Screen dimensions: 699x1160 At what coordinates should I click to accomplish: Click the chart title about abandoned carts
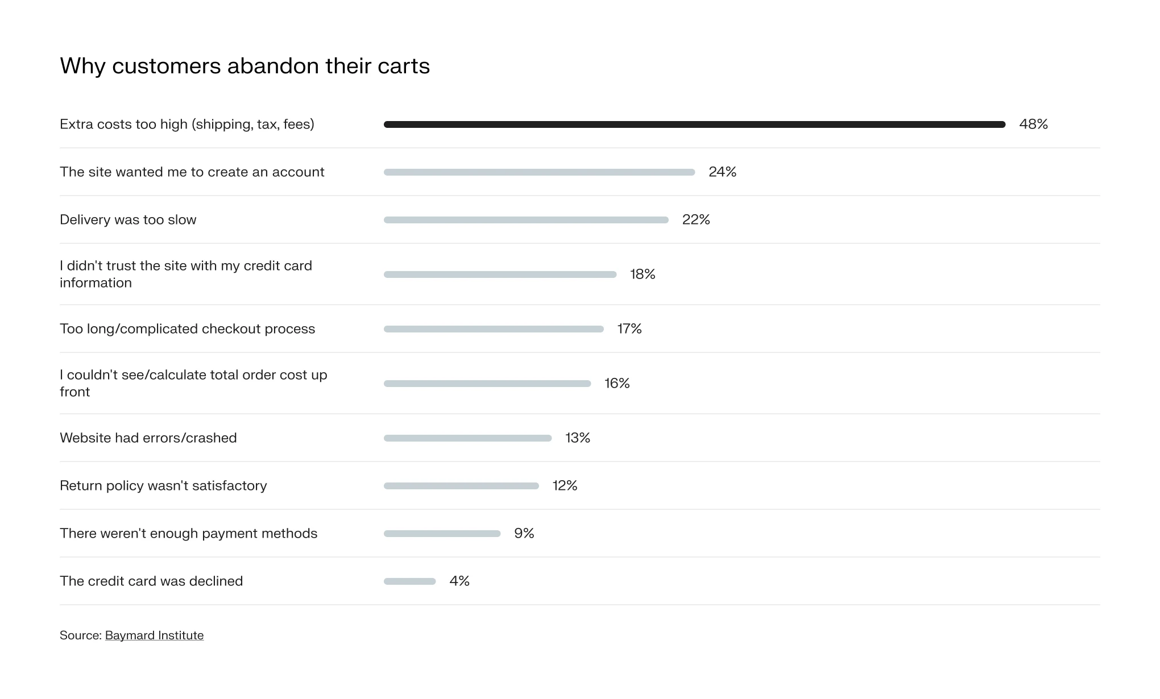pyautogui.click(x=245, y=66)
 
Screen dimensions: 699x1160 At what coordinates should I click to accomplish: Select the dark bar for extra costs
pyautogui.click(x=694, y=124)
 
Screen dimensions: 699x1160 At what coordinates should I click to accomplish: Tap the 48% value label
pyautogui.click(x=1033, y=124)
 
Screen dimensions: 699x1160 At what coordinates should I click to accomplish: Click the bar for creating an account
pyautogui.click(x=539, y=172)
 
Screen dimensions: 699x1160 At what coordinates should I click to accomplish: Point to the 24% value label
pyautogui.click(x=722, y=172)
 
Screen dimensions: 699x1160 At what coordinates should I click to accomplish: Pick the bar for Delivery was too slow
pyautogui.click(x=526, y=220)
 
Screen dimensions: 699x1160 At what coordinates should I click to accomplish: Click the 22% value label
pyautogui.click(x=696, y=220)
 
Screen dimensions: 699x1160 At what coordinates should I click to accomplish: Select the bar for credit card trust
pyautogui.click(x=500, y=274)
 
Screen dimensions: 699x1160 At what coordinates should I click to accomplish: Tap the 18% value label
pyautogui.click(x=643, y=274)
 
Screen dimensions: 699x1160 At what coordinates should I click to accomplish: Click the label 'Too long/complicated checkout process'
pyautogui.click(x=187, y=329)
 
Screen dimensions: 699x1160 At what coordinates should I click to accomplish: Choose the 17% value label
pyautogui.click(x=629, y=329)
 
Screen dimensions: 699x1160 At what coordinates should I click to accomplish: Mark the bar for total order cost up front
pyautogui.click(x=487, y=384)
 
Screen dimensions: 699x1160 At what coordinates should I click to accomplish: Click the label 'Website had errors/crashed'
pyautogui.click(x=148, y=438)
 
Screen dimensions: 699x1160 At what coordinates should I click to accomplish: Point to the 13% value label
pyautogui.click(x=578, y=438)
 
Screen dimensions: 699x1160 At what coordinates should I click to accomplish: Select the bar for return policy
pyautogui.click(x=461, y=486)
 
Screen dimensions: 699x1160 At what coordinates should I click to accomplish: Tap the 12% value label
pyautogui.click(x=565, y=486)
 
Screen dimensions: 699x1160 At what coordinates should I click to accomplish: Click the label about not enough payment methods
pyautogui.click(x=188, y=534)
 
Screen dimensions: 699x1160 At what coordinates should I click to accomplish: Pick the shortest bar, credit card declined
pyautogui.click(x=409, y=581)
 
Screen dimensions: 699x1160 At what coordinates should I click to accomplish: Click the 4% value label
pyautogui.click(x=459, y=581)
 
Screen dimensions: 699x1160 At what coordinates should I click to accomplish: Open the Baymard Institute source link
pyautogui.click(x=154, y=635)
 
